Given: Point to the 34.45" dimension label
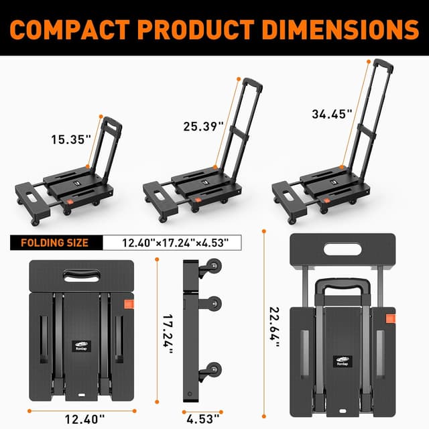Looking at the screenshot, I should pos(332,114).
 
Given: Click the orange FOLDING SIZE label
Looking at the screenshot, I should pos(55,243).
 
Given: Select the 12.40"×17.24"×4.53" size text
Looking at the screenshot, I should pos(176,243).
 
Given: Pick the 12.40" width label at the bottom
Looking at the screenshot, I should pos(84,419).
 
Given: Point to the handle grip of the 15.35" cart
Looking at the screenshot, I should pos(112,123).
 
